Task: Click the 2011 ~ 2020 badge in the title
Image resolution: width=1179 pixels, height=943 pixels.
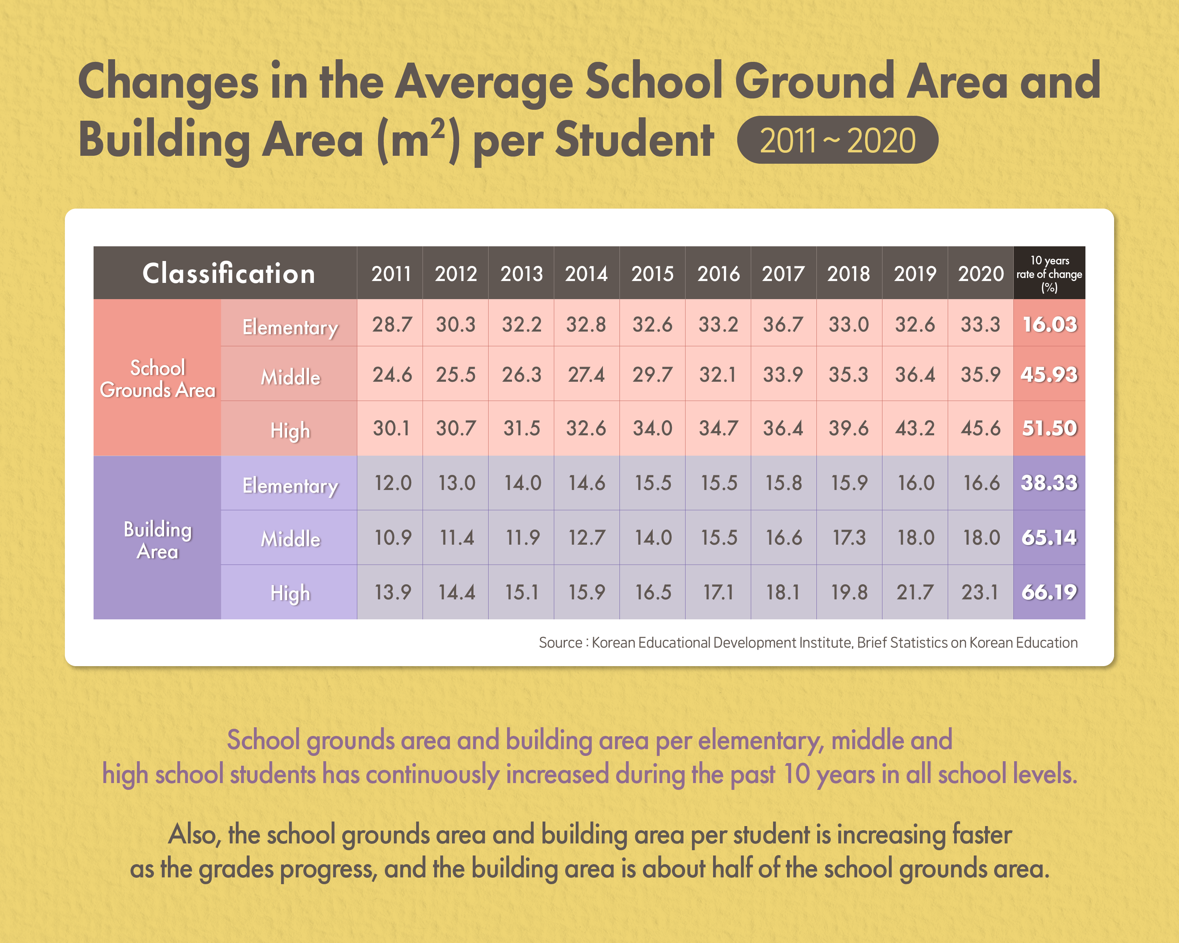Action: click(x=837, y=140)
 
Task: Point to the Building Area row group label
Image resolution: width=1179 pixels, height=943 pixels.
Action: click(x=157, y=539)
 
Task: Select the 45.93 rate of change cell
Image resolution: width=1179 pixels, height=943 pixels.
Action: click(x=1049, y=375)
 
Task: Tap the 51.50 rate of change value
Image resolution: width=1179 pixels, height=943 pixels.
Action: click(x=1049, y=428)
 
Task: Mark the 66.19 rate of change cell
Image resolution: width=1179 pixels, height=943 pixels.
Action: click(x=1049, y=592)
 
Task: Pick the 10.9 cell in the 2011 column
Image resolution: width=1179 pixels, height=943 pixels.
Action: click(x=392, y=538)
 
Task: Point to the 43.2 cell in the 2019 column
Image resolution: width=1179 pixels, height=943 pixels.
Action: click(x=915, y=428)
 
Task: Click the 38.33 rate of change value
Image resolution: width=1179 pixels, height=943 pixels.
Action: click(x=1049, y=483)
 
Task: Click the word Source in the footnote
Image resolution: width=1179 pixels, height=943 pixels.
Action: click(x=560, y=642)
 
